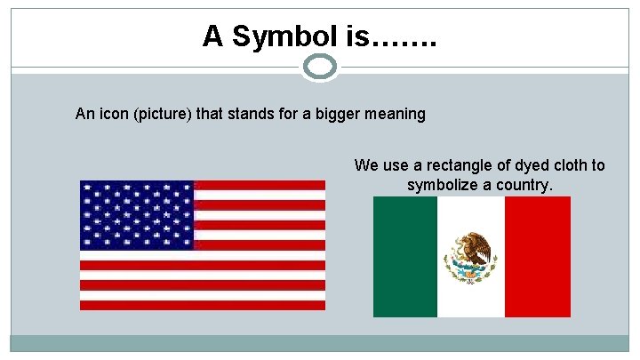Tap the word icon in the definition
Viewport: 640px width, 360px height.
pos(110,114)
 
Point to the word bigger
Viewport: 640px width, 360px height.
pos(342,114)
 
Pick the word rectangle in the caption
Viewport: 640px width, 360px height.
pos(447,165)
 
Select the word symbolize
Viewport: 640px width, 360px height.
pos(445,185)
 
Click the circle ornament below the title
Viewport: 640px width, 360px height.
pos(320,67)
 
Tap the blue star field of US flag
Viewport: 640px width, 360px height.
pos(136,215)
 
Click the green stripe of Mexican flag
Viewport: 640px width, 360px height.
pos(405,257)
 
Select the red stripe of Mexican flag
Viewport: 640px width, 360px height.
pos(538,257)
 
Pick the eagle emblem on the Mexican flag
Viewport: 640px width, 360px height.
pos(470,257)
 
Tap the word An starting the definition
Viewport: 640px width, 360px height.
pos(84,114)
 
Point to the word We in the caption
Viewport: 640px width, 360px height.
pos(365,165)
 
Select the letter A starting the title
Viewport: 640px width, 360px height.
pos(212,36)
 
